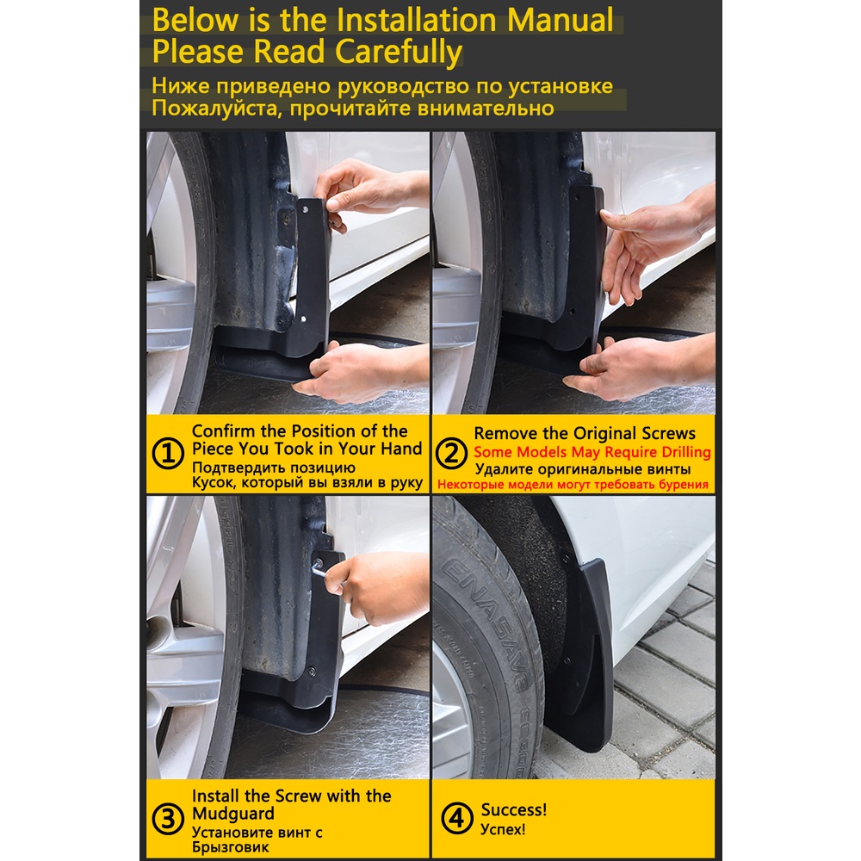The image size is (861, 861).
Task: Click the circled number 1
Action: pyautogui.click(x=168, y=454)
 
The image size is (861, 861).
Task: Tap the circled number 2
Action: pyautogui.click(x=451, y=454)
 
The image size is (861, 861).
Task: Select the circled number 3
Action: pyautogui.click(x=168, y=819)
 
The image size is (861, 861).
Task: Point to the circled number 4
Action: pyautogui.click(x=457, y=818)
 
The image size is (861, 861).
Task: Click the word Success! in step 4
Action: pyautogui.click(x=514, y=809)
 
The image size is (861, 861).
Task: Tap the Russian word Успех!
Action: pyautogui.click(x=503, y=828)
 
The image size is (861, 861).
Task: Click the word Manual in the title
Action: pyautogui.click(x=560, y=21)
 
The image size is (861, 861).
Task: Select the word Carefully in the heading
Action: pyautogui.click(x=399, y=53)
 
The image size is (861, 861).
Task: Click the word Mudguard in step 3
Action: pyautogui.click(x=233, y=814)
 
